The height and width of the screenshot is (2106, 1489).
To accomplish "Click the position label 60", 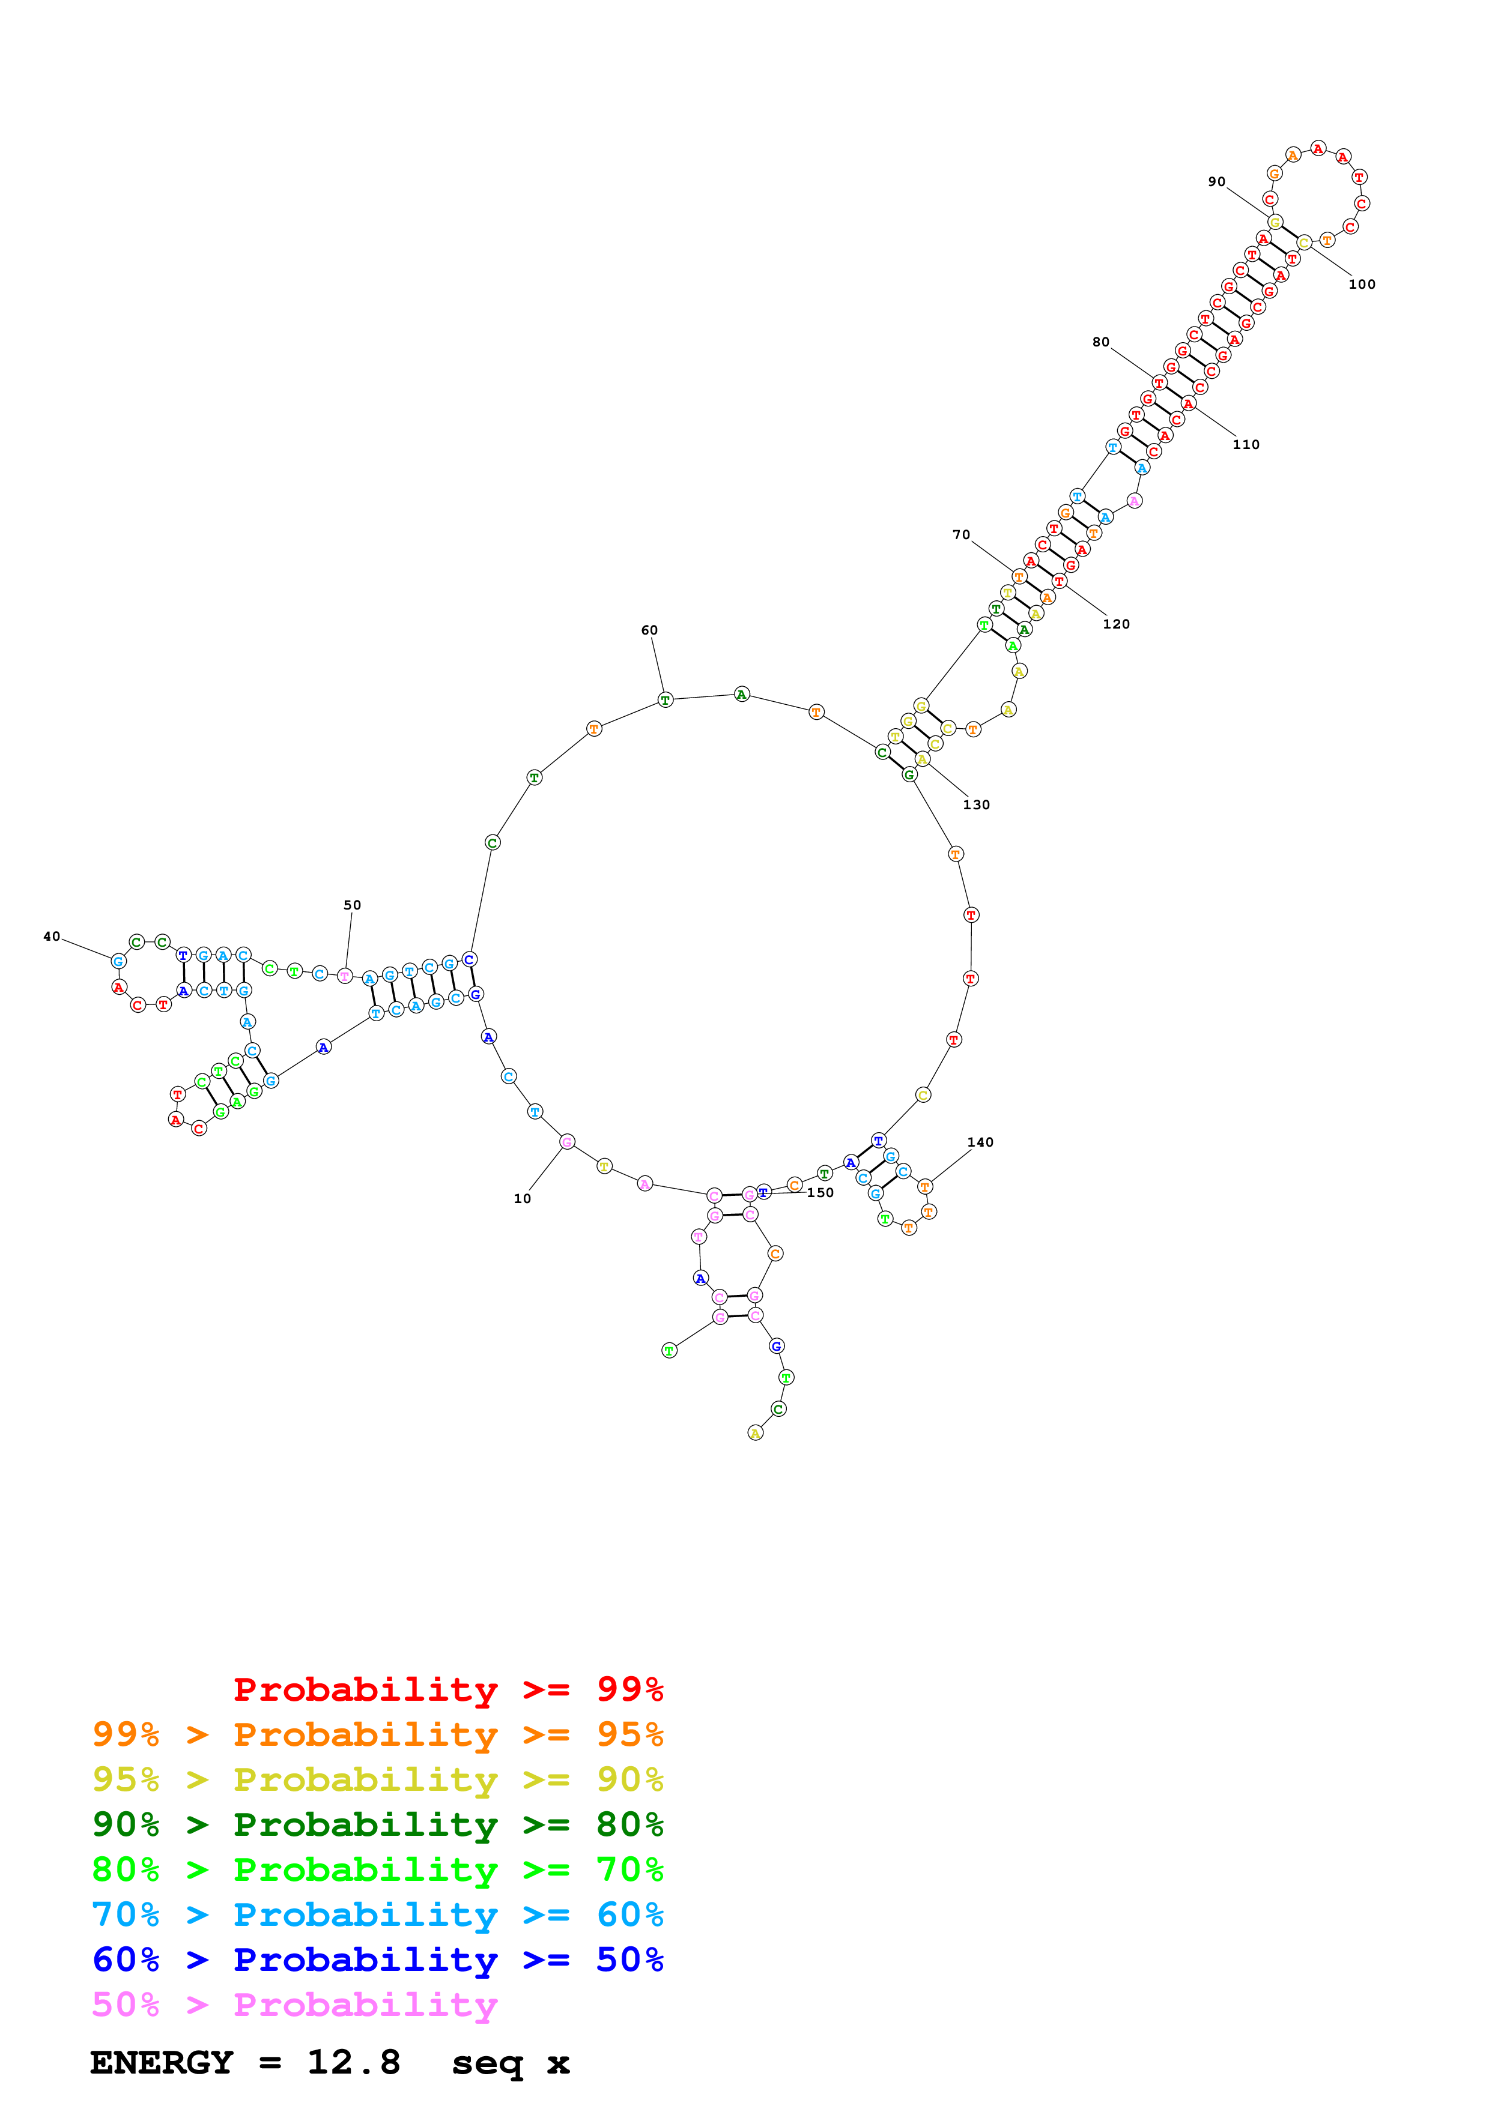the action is click(649, 630).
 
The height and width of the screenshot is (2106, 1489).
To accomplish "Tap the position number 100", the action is click(1362, 285).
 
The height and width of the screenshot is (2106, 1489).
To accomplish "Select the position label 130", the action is click(976, 804).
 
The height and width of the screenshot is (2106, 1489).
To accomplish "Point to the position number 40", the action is click(52, 937).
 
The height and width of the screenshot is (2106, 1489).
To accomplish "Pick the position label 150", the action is click(820, 1192).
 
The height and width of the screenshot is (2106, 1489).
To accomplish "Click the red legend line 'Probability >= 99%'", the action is click(447, 1689).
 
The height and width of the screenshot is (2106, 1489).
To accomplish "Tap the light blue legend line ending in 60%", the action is click(377, 1914).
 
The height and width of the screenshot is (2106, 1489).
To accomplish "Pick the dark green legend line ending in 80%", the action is click(377, 1824).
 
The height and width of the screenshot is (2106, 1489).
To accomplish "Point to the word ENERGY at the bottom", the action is click(162, 2062).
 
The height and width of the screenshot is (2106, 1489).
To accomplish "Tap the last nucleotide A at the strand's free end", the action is click(755, 1433).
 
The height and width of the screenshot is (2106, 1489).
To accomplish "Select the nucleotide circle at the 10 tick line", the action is click(567, 1142).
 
